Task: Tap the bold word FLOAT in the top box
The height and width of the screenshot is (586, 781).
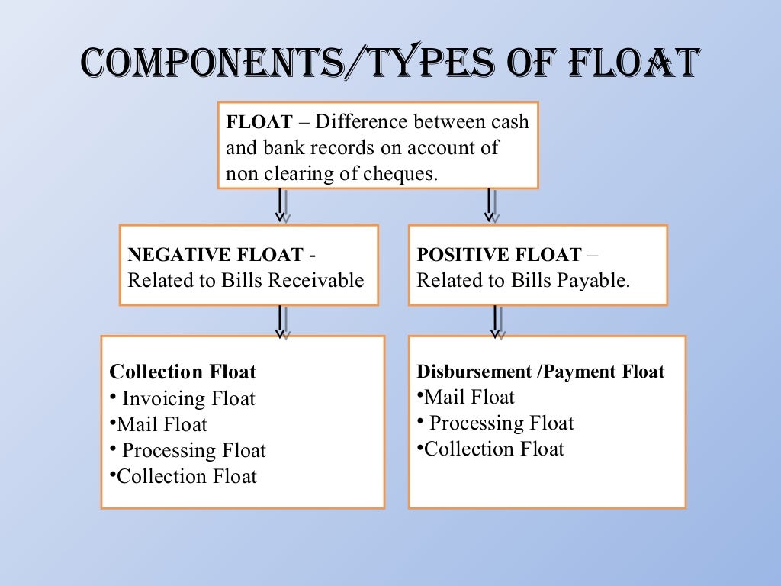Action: [259, 123]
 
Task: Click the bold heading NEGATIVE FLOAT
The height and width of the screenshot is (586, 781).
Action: [216, 254]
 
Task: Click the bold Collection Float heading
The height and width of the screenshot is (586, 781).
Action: [183, 372]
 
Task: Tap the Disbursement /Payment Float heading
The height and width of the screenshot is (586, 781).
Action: [541, 372]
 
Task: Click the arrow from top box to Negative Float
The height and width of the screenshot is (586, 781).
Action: [281, 205]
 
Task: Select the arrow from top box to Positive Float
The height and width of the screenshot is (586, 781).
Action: [490, 205]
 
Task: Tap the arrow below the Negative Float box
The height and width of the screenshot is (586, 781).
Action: [281, 321]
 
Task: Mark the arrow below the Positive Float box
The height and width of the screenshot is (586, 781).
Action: [496, 321]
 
